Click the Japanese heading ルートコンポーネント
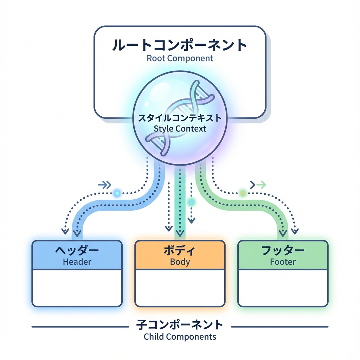(x=180, y=45)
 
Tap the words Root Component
(x=180, y=58)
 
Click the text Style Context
(x=180, y=128)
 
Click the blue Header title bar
(x=77, y=255)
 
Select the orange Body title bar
(x=180, y=255)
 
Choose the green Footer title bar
(x=283, y=255)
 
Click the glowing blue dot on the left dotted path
(x=117, y=193)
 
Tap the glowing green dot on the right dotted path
(x=243, y=193)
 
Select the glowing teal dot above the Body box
(x=191, y=202)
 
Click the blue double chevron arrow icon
(x=104, y=184)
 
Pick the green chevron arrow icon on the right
(x=258, y=184)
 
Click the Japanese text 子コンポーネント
(x=180, y=324)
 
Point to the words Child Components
(x=180, y=337)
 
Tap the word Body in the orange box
(x=180, y=262)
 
